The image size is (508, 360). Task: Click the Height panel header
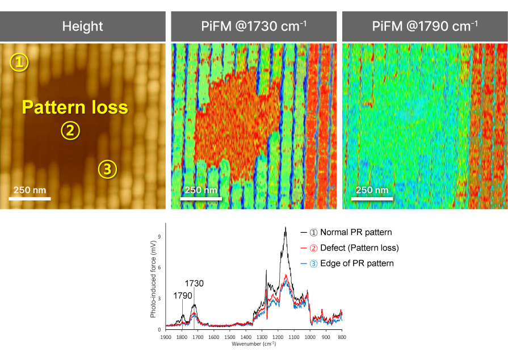83,26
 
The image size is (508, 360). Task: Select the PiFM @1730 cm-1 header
254,26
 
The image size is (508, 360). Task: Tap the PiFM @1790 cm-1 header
425,26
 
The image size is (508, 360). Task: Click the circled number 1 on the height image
19,62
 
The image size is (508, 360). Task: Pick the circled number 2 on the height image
70,131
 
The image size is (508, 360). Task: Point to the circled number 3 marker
108,168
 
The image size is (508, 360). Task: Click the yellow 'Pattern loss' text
75,107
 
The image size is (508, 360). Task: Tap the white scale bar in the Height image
30,199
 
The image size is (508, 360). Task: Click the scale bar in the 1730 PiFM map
200,199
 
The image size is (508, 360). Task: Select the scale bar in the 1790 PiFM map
371,199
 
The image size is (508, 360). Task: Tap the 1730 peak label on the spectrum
194,283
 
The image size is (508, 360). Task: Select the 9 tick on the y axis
160,237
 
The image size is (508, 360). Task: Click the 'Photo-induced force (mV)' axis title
153,278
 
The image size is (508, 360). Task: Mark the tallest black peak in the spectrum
286,228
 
